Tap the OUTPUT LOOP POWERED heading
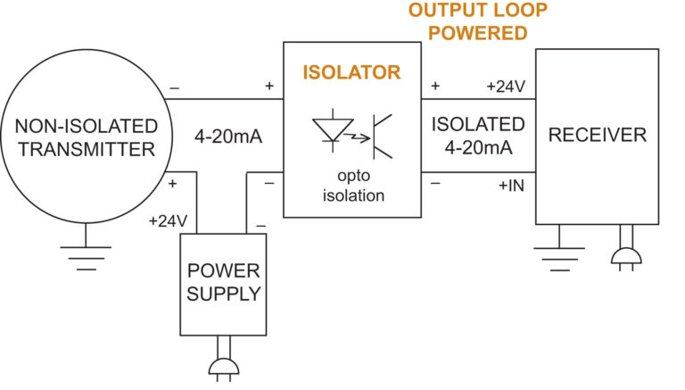(x=478, y=22)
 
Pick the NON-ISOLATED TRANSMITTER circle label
(x=86, y=137)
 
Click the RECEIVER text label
(x=597, y=136)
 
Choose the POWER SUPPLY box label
(x=224, y=282)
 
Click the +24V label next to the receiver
(x=506, y=87)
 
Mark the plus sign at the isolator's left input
(x=268, y=87)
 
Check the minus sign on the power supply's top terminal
(x=259, y=225)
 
